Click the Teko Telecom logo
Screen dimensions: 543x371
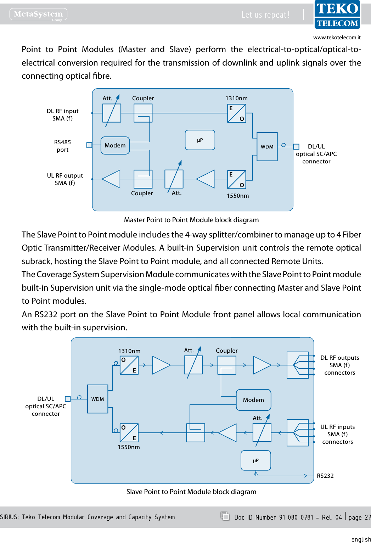pyautogui.click(x=337, y=15)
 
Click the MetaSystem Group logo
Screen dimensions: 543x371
pyautogui.click(x=38, y=14)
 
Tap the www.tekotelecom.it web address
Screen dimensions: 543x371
pyautogui.click(x=337, y=38)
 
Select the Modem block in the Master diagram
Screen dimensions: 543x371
pyautogui.click(x=115, y=146)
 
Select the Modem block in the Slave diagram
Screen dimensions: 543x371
pyautogui.click(x=253, y=400)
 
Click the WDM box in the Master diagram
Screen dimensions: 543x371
pyautogui.click(x=267, y=147)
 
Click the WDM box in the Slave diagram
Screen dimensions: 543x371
pyautogui.click(x=98, y=399)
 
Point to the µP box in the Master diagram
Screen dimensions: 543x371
pyautogui.click(x=200, y=140)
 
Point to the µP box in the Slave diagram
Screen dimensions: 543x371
pyautogui.click(x=255, y=460)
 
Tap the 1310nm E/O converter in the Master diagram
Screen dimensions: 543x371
pyautogui.click(x=236, y=113)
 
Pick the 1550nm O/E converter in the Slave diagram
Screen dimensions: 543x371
pyautogui.click(x=129, y=433)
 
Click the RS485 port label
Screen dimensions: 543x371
pyautogui.click(x=62, y=146)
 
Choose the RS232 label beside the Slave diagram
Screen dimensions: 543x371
pyautogui.click(x=325, y=476)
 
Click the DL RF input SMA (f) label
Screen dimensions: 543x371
pyautogui.click(x=62, y=115)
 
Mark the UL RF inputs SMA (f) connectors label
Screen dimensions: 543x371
pyautogui.click(x=337, y=434)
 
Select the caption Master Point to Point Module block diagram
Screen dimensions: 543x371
pyautogui.click(x=191, y=220)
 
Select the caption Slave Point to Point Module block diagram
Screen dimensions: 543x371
pyautogui.click(x=191, y=492)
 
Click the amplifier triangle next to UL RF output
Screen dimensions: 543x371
pyautogui.click(x=111, y=179)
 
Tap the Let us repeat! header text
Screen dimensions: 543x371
pyautogui.click(x=265, y=15)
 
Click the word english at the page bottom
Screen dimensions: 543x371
pyautogui.click(x=361, y=539)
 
